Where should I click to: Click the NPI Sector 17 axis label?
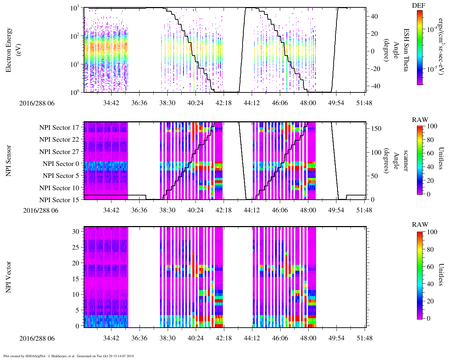[x=59, y=128]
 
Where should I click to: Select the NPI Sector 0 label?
[x=61, y=164]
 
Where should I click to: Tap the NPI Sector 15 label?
[x=59, y=200]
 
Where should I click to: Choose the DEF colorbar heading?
[x=418, y=6]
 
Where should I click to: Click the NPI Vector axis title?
[x=9, y=277]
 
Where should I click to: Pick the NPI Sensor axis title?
[x=9, y=161]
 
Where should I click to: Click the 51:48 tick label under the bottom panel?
[x=364, y=338]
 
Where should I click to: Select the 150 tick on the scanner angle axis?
[x=377, y=129]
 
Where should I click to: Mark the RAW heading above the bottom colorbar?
[x=420, y=225]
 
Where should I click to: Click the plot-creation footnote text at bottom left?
[x=69, y=356]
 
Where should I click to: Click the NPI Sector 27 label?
[x=59, y=152]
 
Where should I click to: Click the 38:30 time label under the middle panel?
[x=167, y=210]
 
